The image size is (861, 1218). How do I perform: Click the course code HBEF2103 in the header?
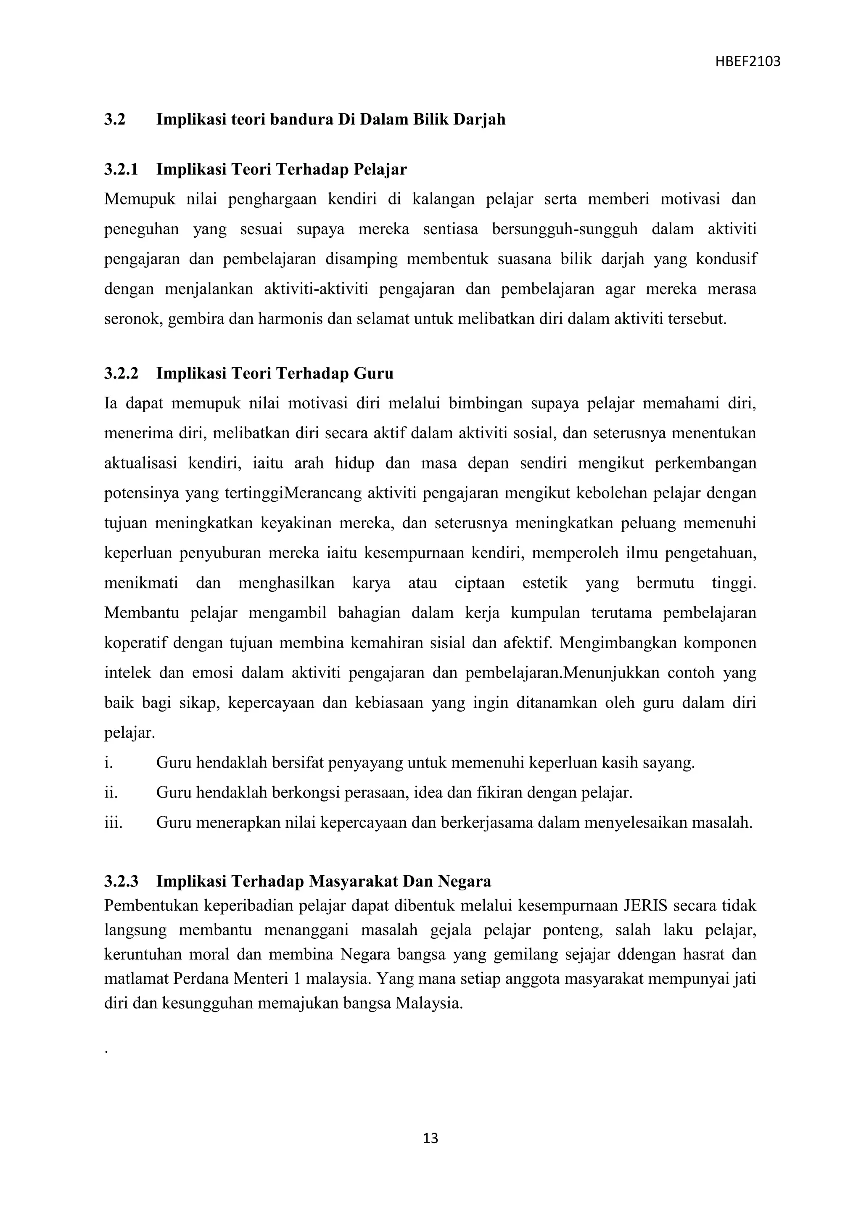coord(747,62)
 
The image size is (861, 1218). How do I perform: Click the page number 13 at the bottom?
coord(430,1138)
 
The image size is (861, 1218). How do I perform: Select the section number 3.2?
coord(114,119)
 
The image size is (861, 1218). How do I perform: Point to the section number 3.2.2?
coord(121,373)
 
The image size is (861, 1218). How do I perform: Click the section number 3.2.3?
coord(121,881)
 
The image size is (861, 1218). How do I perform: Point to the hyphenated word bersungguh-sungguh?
coord(565,229)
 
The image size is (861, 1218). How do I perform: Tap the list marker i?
coord(108,763)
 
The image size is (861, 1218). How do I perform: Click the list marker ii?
coord(110,792)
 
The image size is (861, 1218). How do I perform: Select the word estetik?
coord(544,583)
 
